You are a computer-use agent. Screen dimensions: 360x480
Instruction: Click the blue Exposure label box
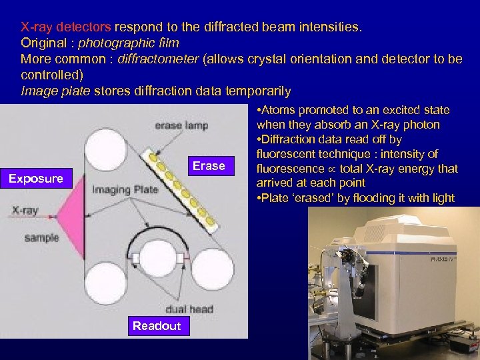(x=36, y=178)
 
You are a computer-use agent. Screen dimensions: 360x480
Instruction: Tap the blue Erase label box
(x=209, y=166)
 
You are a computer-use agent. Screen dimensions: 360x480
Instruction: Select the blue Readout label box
(x=157, y=325)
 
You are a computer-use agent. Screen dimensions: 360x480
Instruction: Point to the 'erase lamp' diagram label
(x=181, y=125)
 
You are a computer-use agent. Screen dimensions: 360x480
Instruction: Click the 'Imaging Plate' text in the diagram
(x=125, y=189)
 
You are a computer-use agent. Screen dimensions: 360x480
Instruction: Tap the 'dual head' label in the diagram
(x=189, y=309)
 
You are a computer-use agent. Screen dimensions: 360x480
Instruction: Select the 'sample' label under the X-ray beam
(x=41, y=237)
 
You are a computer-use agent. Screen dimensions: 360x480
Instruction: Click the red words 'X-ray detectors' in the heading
(x=66, y=28)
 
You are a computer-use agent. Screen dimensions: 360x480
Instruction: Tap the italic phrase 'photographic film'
(x=129, y=43)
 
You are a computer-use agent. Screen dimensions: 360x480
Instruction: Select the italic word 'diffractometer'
(x=158, y=59)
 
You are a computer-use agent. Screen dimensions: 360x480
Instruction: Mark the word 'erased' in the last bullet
(x=304, y=198)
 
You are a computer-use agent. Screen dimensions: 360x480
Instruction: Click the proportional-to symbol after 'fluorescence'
(x=331, y=169)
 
